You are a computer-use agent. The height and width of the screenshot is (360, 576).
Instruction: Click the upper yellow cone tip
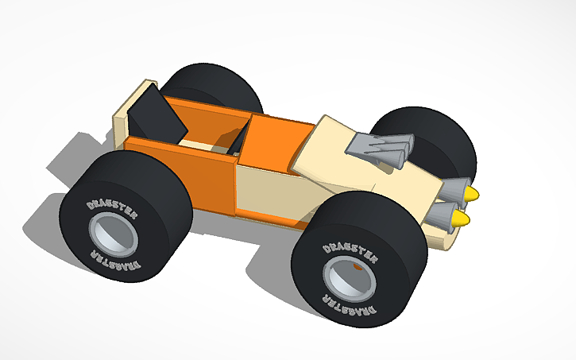pos(472,194)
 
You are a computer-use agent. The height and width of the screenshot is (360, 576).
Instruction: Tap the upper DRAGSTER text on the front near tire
pos(350,250)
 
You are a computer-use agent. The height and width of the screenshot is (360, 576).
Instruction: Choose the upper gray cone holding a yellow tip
pos(454,190)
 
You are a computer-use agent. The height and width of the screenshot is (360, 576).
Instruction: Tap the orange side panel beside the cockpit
pos(183,175)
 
